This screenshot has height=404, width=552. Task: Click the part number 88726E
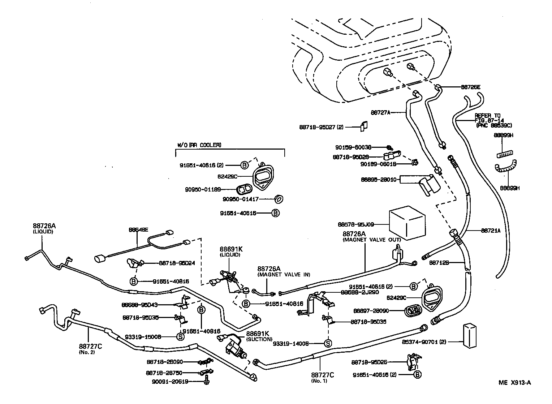coord(471,87)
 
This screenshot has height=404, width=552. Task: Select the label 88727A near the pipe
coord(381,112)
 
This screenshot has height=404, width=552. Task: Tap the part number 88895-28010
coord(379,179)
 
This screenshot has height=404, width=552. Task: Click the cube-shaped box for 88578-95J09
coord(407,223)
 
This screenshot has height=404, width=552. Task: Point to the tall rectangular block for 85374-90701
coord(470,336)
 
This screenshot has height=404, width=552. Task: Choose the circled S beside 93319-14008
coord(328,343)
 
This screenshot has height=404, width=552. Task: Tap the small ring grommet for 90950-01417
coord(279,199)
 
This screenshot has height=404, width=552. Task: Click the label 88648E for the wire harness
coord(138,230)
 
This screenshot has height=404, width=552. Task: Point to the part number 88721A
coord(491,231)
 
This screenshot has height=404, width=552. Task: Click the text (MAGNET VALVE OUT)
coord(371,240)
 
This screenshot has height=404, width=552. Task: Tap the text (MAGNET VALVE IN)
coord(284,275)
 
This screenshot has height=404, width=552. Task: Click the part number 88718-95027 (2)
coord(322,127)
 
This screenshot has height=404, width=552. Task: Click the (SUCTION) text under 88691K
coord(259,339)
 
